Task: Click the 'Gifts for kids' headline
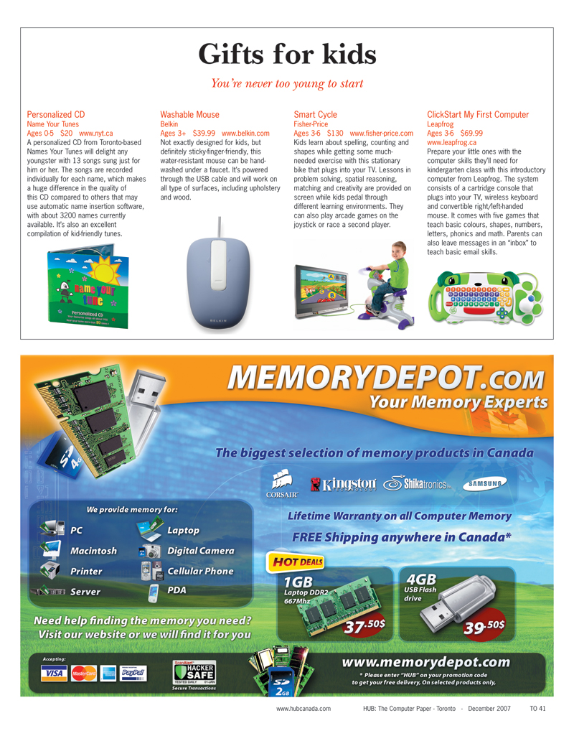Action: click(286, 53)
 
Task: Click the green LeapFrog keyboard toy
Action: click(484, 297)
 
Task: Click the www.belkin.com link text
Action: click(245, 133)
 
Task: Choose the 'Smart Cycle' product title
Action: click(315, 114)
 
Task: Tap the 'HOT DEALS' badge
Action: click(296, 561)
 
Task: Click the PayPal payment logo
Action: click(134, 672)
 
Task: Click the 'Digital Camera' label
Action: click(200, 551)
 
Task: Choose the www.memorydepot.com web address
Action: click(426, 662)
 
